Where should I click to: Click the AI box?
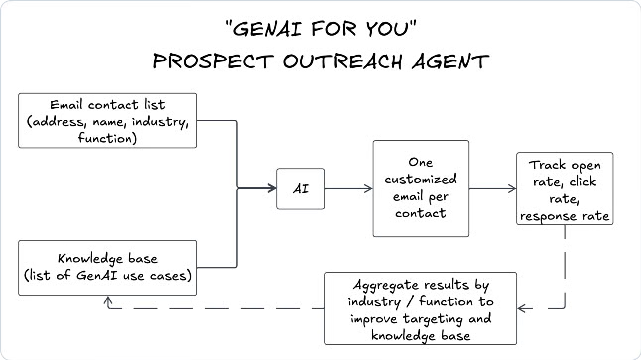(x=301, y=189)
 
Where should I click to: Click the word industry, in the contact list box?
(x=160, y=122)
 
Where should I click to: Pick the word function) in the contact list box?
(x=108, y=138)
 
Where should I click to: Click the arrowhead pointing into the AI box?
(x=272, y=188)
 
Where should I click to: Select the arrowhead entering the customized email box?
(x=368, y=188)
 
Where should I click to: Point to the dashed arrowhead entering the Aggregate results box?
(x=521, y=308)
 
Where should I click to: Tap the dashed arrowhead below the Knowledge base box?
(x=108, y=300)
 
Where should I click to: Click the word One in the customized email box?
(x=421, y=163)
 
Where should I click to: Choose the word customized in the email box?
(x=421, y=180)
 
